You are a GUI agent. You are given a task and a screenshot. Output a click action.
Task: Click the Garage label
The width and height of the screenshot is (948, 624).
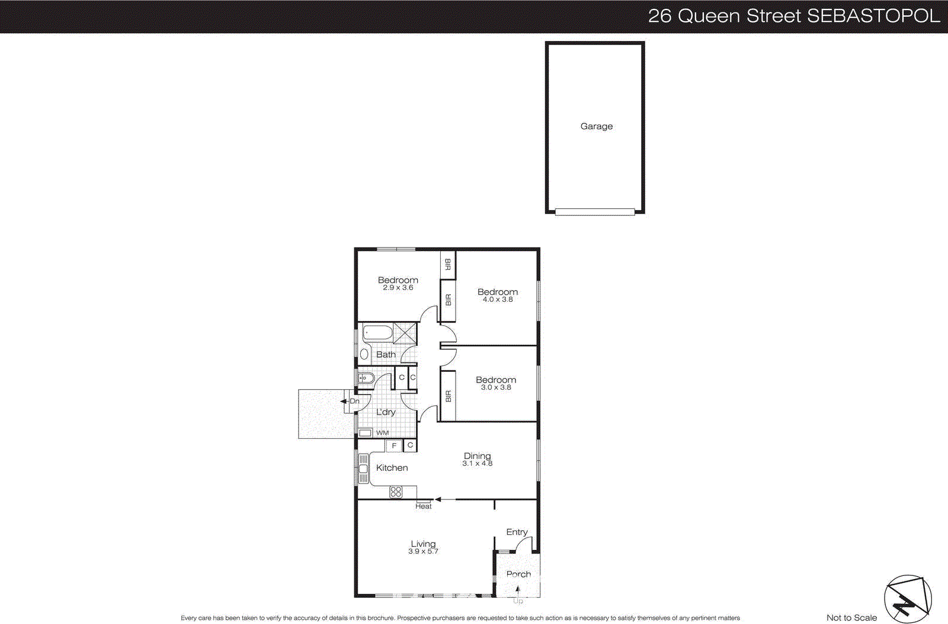tap(596, 126)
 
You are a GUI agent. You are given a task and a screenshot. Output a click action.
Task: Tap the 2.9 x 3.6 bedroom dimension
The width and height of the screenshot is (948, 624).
tap(398, 288)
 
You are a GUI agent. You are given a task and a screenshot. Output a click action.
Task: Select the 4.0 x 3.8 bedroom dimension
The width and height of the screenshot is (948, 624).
tap(497, 300)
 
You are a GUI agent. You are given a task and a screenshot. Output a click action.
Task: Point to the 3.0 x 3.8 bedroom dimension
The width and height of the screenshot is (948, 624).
tap(495, 387)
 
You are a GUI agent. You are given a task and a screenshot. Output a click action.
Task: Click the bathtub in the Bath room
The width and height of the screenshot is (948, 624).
tap(377, 332)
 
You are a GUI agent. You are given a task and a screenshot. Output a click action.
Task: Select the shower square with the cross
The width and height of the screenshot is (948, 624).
tap(405, 333)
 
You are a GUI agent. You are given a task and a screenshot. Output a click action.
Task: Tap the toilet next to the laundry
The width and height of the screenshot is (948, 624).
tap(366, 378)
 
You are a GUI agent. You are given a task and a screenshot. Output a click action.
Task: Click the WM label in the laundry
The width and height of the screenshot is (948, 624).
tap(382, 433)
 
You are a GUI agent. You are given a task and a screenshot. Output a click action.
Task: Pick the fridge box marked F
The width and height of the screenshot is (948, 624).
tap(394, 445)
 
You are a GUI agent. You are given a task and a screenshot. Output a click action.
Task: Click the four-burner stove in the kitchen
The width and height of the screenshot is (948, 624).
tap(396, 492)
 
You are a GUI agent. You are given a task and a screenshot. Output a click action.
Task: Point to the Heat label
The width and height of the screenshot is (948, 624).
tap(423, 507)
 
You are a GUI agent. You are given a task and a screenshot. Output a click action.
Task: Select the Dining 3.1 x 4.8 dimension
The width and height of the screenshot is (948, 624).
tap(477, 464)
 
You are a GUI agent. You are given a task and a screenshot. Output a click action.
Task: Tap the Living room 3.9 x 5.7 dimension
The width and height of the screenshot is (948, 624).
tap(422, 552)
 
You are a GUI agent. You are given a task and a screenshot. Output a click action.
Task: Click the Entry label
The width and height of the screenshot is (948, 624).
tap(517, 532)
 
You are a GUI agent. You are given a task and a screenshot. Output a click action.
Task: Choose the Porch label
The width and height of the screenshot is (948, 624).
tap(518, 574)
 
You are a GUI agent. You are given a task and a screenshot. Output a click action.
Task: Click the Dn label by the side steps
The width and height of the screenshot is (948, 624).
tap(354, 402)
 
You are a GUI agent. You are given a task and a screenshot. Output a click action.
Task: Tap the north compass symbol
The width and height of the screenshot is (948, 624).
tap(907, 599)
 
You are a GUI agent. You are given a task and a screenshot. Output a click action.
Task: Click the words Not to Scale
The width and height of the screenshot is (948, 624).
tap(851, 617)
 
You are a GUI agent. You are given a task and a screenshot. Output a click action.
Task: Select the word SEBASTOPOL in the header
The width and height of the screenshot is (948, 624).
tap(873, 16)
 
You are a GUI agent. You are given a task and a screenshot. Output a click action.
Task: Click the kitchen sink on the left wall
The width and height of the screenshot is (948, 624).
tap(363, 469)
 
